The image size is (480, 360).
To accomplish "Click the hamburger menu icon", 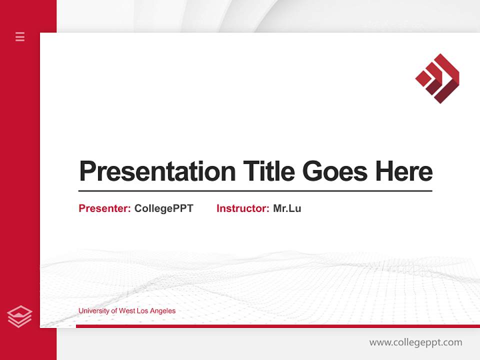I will pyautogui.click(x=20, y=36).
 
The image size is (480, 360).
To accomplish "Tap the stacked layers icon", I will pyautogui.click(x=19, y=316).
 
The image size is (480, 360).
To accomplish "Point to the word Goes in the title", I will pyautogui.click(x=335, y=172).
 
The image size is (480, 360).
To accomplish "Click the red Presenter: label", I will pyautogui.click(x=104, y=208).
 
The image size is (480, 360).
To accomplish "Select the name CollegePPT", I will pyautogui.click(x=163, y=208).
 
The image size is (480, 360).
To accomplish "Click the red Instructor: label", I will pyautogui.click(x=242, y=208).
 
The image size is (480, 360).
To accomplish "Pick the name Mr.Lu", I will pyautogui.click(x=287, y=208).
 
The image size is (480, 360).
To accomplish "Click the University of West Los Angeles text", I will pyautogui.click(x=127, y=311).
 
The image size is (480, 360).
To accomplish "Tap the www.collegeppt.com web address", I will pyautogui.click(x=415, y=342).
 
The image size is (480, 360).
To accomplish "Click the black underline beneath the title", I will pyautogui.click(x=255, y=191).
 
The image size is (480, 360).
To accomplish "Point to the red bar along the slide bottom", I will pyautogui.click(x=277, y=326).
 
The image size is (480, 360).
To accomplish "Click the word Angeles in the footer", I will pyautogui.click(x=163, y=311).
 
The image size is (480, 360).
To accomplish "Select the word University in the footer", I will pyautogui.click(x=92, y=311).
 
